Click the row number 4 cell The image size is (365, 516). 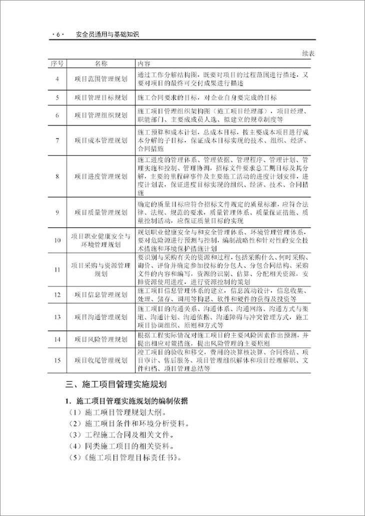57,79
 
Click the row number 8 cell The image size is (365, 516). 57,176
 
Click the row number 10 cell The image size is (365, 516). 57,240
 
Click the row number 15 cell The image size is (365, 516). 57,360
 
